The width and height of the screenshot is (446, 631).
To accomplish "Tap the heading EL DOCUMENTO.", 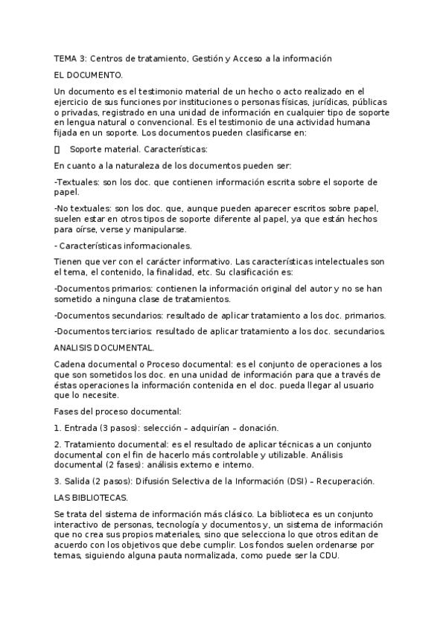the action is click(89, 75).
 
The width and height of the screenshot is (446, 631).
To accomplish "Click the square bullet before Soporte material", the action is click(57, 149).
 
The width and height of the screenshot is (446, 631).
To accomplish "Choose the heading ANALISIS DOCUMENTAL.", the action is click(104, 347).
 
